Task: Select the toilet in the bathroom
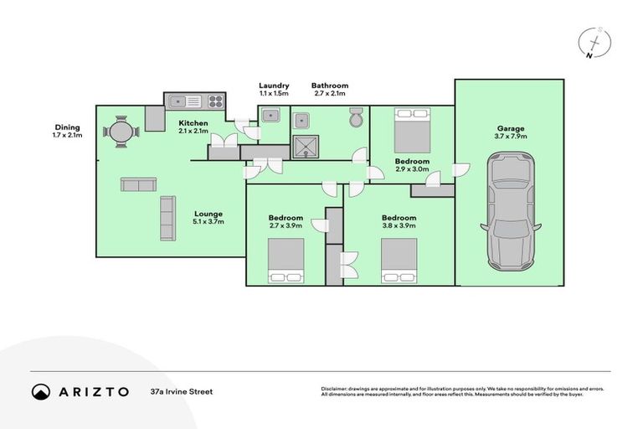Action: click(x=355, y=118)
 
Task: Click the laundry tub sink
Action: click(x=270, y=116)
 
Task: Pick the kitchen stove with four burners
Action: click(x=215, y=101)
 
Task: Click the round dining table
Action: click(x=121, y=132)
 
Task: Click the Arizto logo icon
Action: click(x=41, y=391)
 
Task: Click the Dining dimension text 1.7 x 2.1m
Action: click(x=67, y=135)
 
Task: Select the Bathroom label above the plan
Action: click(x=330, y=85)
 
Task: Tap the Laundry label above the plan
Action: click(x=274, y=85)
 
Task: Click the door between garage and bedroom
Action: click(x=458, y=170)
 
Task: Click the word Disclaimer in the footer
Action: click(x=336, y=389)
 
